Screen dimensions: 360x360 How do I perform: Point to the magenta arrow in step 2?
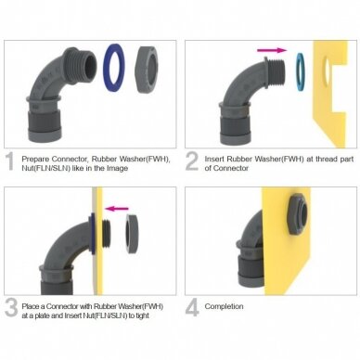[x=272, y=50]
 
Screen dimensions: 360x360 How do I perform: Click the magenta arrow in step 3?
[x=117, y=209]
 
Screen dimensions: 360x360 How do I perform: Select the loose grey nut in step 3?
[x=131, y=233]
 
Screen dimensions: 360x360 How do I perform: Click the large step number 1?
[x=10, y=161]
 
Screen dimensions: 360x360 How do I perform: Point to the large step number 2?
[x=192, y=161]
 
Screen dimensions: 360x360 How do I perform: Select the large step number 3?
[x=11, y=308]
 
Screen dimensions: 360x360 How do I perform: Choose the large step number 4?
[x=192, y=308]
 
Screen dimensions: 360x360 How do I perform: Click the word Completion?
[x=224, y=306]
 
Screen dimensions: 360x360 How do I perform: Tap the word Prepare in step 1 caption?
[x=35, y=160]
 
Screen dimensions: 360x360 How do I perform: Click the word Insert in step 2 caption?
[x=214, y=159]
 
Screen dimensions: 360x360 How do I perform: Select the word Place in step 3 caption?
[x=31, y=306]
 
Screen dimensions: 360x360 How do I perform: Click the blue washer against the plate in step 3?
[x=92, y=234]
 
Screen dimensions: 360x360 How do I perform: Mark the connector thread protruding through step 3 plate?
[x=107, y=234]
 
